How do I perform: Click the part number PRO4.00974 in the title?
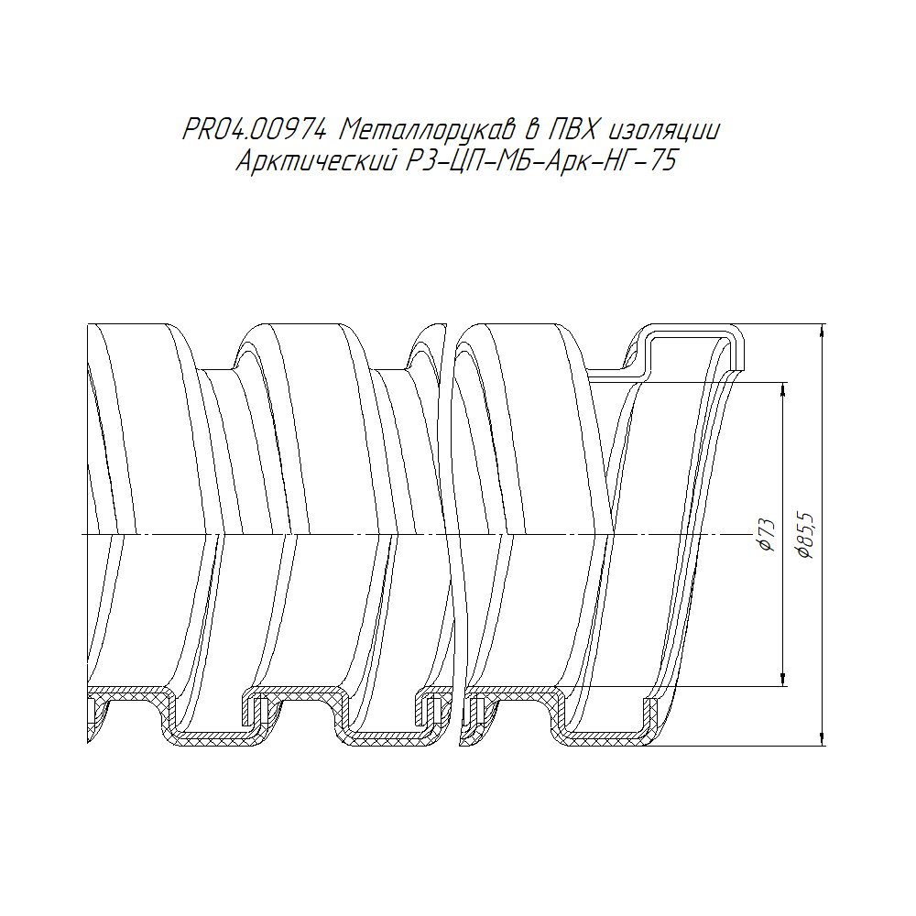(255, 130)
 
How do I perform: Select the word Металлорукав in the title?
(428, 131)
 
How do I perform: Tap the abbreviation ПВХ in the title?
(572, 130)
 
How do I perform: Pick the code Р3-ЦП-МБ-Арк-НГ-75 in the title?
(541, 160)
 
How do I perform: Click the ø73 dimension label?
(766, 535)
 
